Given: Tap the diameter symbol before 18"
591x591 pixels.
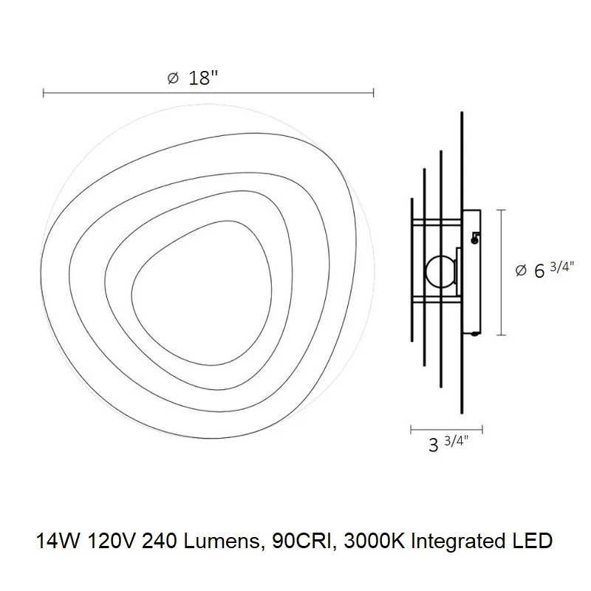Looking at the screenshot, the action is click(x=173, y=78).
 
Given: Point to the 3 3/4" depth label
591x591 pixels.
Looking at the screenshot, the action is click(x=448, y=444).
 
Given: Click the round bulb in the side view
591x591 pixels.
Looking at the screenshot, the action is click(x=440, y=271).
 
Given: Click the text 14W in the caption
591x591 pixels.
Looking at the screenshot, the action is click(x=58, y=542).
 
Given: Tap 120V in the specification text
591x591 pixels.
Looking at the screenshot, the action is click(x=111, y=542).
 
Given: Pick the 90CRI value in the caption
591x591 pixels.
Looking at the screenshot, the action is click(x=304, y=542).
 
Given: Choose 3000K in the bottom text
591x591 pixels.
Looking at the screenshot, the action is click(x=375, y=542).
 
